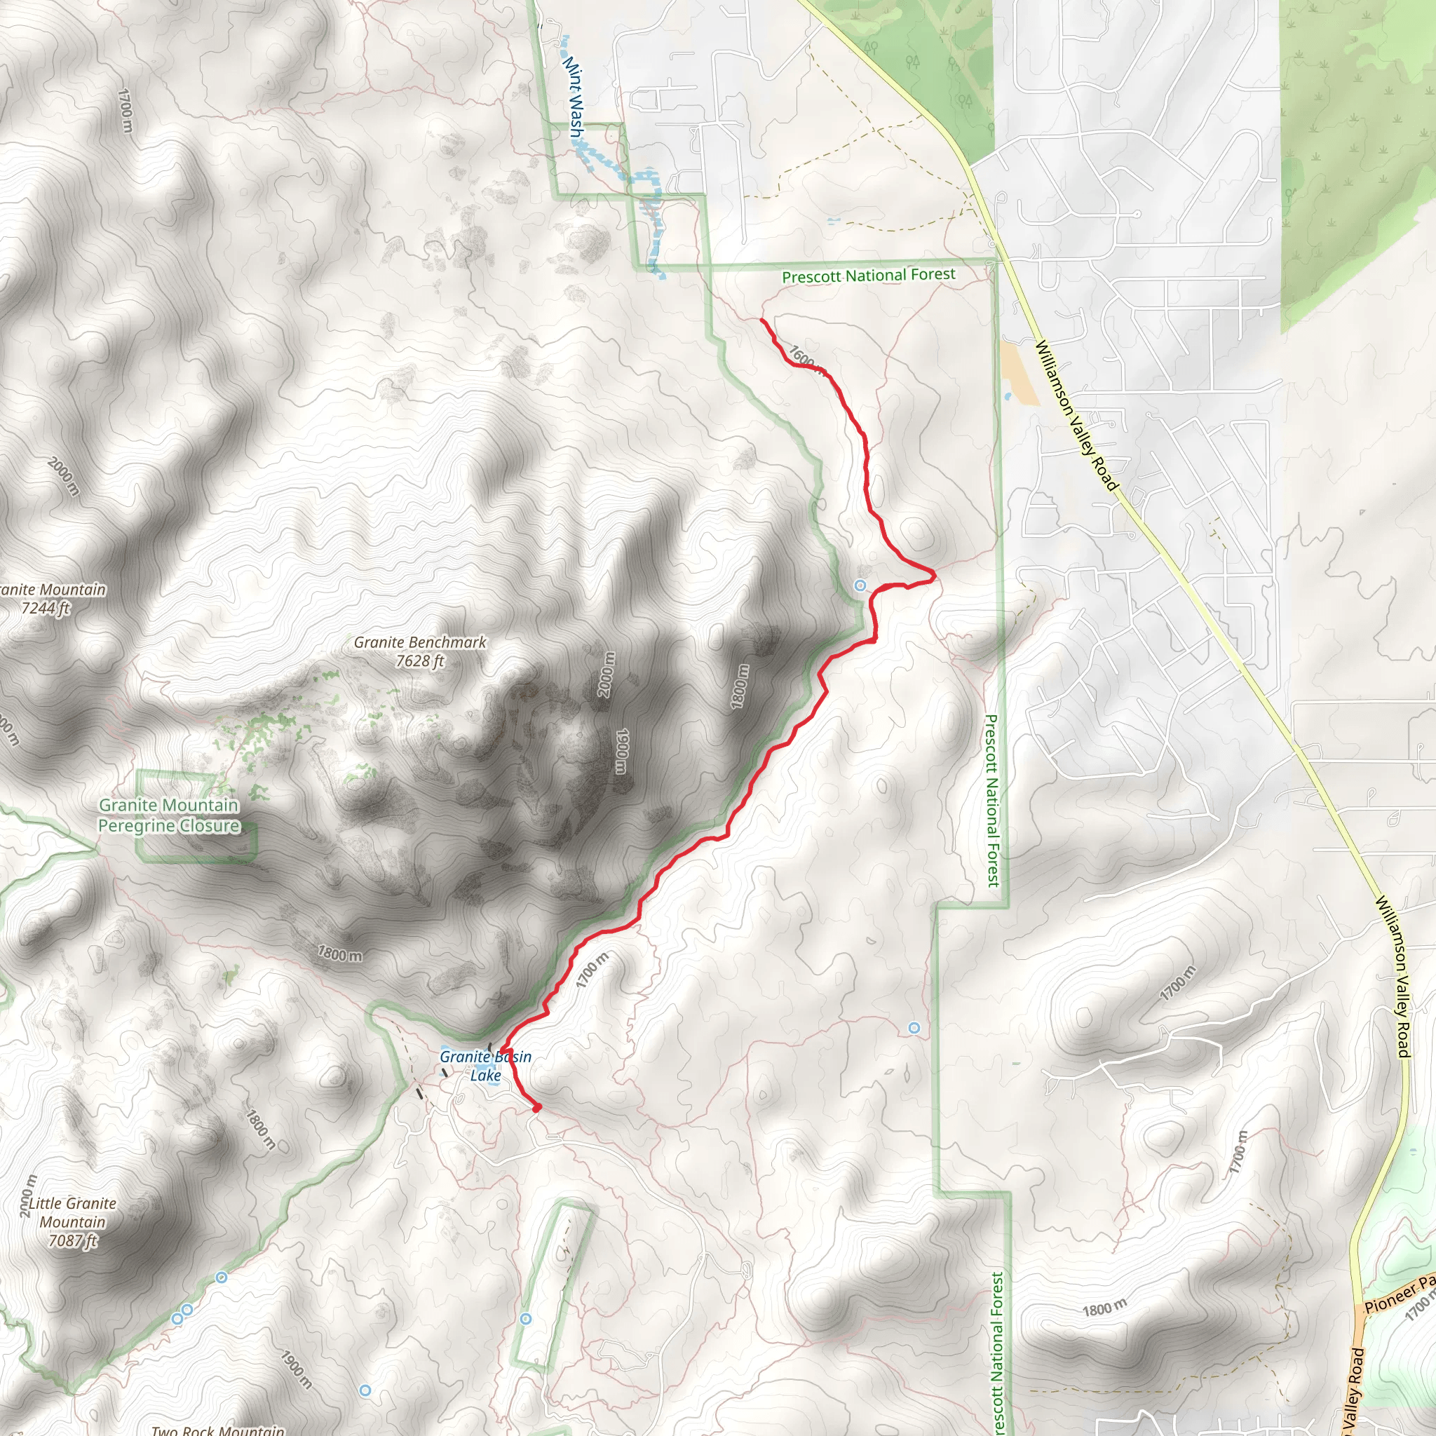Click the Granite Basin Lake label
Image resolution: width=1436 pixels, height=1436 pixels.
point(485,1066)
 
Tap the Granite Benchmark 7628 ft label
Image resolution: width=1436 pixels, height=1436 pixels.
point(420,651)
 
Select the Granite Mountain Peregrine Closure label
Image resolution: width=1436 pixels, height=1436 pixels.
point(169,815)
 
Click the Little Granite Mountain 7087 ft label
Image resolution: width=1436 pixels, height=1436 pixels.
point(72,1222)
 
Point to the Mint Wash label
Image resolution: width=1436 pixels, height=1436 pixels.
point(573,97)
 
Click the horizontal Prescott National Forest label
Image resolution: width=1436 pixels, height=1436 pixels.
point(868,276)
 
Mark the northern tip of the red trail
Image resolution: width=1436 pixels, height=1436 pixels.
point(761,320)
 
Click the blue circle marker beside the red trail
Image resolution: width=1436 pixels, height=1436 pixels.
point(860,585)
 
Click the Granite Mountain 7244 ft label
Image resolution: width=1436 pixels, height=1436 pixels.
point(50,598)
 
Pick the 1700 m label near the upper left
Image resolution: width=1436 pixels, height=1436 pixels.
point(126,111)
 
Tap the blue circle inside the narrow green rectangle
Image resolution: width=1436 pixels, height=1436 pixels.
point(525,1319)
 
